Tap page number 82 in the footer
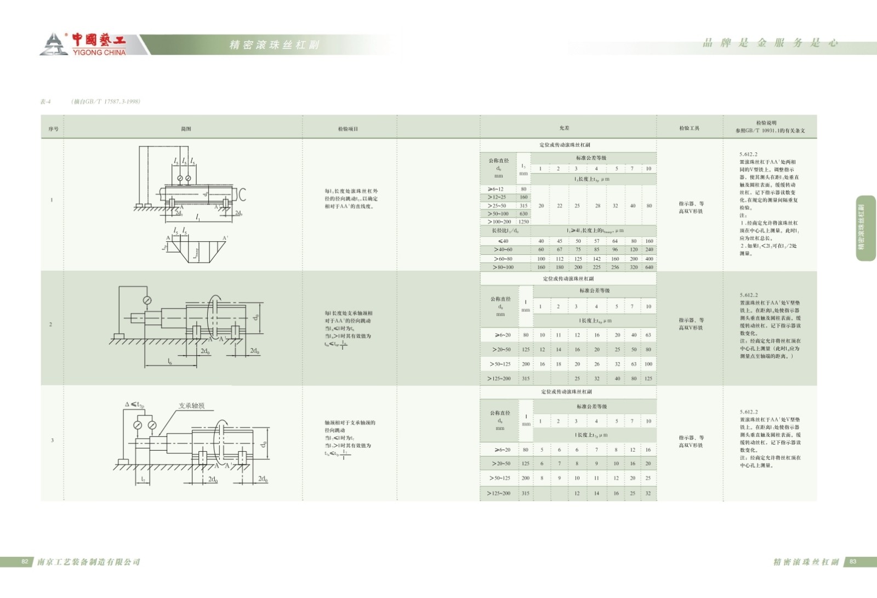click(25, 562)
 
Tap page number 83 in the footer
click(853, 562)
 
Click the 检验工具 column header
click(689, 128)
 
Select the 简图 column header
click(186, 129)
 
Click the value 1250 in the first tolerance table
click(523, 222)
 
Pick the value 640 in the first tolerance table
click(649, 267)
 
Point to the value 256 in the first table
click(615, 267)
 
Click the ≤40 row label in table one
click(503, 241)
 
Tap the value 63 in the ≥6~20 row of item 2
click(648, 335)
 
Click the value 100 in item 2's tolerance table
click(648, 364)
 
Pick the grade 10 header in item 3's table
click(648, 421)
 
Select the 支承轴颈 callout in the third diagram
click(191, 406)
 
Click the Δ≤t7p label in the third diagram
click(134, 405)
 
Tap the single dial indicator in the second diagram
click(147, 300)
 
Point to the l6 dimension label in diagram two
click(170, 362)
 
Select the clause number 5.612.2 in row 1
click(748, 155)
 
